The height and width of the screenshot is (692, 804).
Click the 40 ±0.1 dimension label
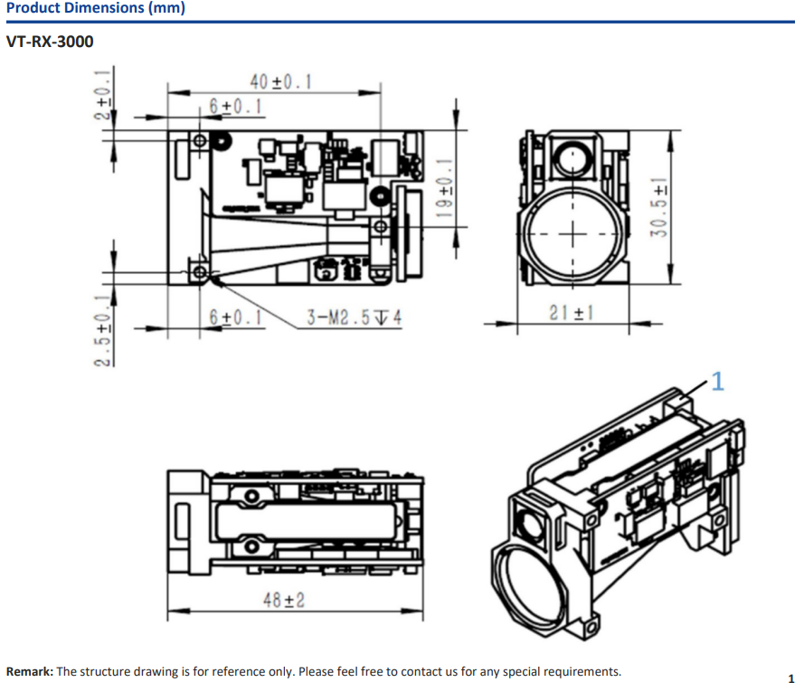click(280, 81)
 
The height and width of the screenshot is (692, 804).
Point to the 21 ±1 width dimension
click(570, 312)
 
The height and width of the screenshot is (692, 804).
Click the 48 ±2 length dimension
click(283, 601)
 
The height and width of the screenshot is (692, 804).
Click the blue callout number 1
click(717, 382)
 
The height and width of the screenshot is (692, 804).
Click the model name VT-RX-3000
click(50, 42)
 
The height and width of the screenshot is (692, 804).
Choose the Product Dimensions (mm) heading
click(95, 9)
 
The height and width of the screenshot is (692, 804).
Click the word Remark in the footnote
click(29, 672)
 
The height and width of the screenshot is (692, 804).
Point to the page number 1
click(790, 678)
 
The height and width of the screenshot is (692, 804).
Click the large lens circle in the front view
click(572, 232)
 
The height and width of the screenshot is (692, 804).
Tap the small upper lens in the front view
click(572, 158)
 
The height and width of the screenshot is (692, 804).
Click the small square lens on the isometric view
click(528, 524)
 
